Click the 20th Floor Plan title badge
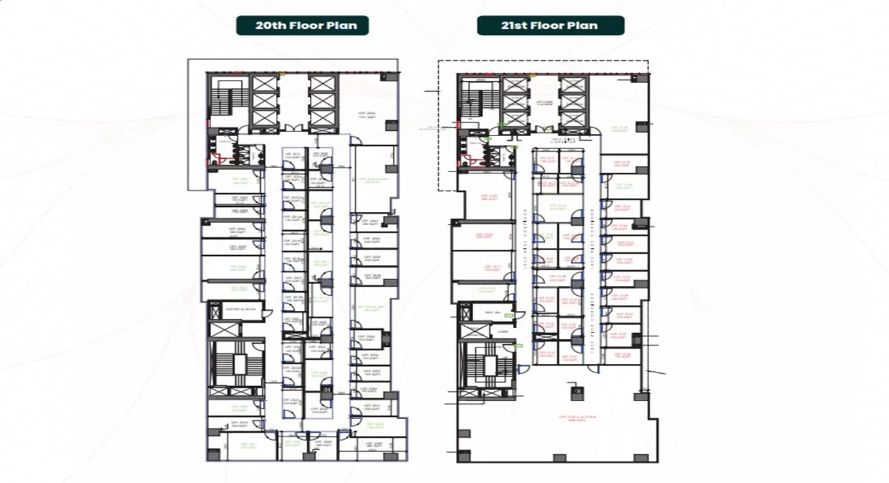tap(302, 26)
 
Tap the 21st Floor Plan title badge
tap(550, 26)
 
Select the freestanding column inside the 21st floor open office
tap(576, 391)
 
